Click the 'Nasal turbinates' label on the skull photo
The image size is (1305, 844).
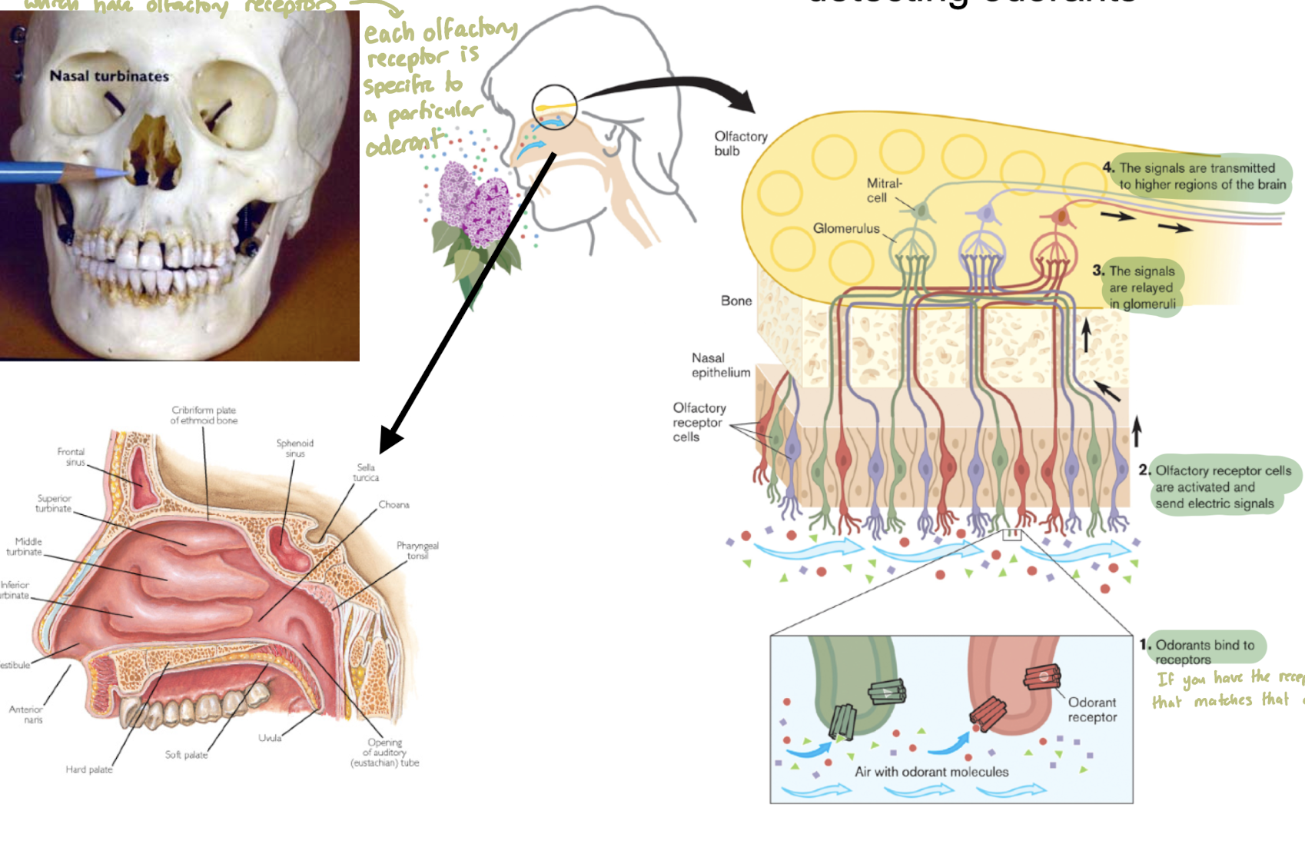(109, 76)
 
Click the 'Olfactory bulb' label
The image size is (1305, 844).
(740, 143)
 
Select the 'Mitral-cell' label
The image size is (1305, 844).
(884, 191)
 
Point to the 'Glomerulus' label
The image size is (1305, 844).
(846, 228)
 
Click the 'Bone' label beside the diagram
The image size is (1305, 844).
(736, 301)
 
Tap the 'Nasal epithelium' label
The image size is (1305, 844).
(720, 365)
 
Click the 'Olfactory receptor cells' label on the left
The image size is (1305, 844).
(698, 422)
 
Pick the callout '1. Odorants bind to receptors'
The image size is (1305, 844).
(1203, 650)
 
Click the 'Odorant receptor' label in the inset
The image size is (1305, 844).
(1091, 709)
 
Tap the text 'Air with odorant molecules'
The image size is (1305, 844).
(931, 772)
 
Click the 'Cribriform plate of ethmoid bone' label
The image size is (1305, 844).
(204, 415)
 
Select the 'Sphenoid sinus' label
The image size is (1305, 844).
(295, 448)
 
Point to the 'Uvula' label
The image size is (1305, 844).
(269, 738)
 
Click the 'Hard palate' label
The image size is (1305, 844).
(89, 769)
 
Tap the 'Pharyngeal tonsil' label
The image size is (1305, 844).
(417, 550)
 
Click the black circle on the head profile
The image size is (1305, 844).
(554, 107)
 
